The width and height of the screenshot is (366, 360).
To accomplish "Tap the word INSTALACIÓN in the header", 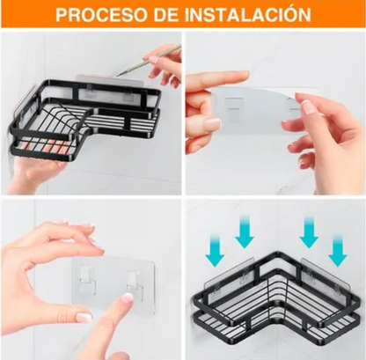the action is (x=249, y=13).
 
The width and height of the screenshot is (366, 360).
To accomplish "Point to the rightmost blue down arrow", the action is (x=338, y=251).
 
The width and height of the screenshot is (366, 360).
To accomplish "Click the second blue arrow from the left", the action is (x=245, y=231).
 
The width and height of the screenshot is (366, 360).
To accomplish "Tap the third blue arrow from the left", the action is (x=309, y=232).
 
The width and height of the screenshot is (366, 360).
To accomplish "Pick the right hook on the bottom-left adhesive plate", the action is (x=134, y=283).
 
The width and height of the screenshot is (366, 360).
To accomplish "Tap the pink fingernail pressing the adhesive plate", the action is (x=128, y=298).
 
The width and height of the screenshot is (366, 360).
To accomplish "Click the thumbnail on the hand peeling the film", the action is (x=212, y=124).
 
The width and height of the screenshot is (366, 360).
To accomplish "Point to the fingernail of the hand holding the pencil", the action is (x=154, y=61).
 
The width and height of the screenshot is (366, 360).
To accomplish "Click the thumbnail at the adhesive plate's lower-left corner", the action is (x=84, y=317).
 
